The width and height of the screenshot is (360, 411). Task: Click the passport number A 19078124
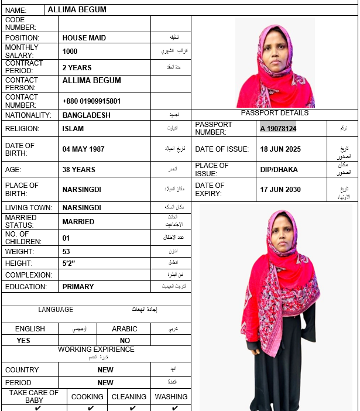pyautogui.click(x=279, y=129)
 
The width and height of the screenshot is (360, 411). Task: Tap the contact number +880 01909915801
pyautogui.click(x=91, y=101)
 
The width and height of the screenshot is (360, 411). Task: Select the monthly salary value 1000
pyautogui.click(x=70, y=52)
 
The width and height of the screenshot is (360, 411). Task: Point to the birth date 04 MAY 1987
pyautogui.click(x=83, y=149)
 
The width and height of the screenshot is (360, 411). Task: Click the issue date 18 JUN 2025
pyautogui.click(x=280, y=149)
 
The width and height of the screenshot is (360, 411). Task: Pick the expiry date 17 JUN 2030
pyautogui.click(x=280, y=190)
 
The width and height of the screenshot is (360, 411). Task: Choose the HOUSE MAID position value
pyautogui.click(x=84, y=38)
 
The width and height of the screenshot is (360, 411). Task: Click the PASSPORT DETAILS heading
pyautogui.click(x=275, y=113)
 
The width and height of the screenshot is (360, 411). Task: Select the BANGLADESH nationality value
pyautogui.click(x=86, y=115)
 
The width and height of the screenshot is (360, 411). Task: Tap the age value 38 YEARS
pyautogui.click(x=78, y=170)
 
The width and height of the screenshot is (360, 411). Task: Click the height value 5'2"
pyautogui.click(x=69, y=263)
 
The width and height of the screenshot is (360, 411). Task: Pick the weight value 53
pyautogui.click(x=66, y=252)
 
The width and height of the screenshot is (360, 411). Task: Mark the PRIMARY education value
pyautogui.click(x=78, y=287)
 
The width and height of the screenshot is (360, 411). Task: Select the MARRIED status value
pyautogui.click(x=78, y=222)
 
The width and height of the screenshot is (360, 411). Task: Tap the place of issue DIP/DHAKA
pyautogui.click(x=279, y=170)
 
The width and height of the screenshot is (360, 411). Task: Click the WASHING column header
pyautogui.click(x=171, y=397)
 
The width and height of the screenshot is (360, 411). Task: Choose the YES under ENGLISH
pyautogui.click(x=23, y=340)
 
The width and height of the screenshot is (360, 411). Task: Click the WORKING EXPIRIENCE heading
pyautogui.click(x=96, y=350)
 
